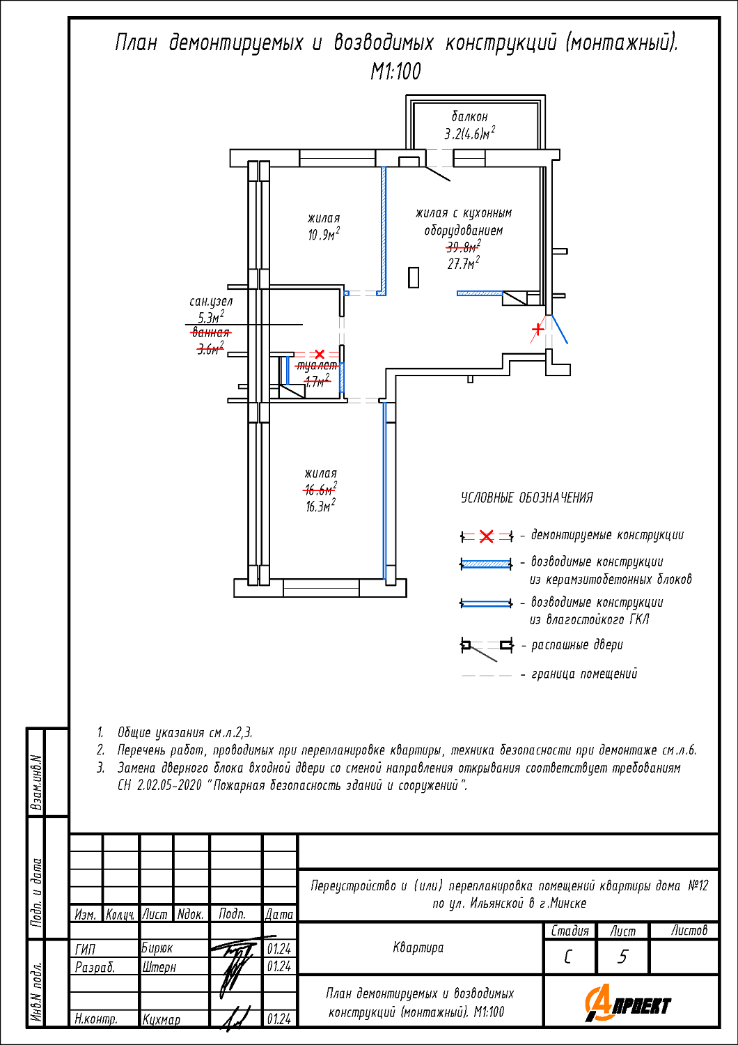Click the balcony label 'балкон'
point(469,116)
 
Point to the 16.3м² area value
point(321,506)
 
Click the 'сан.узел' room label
point(211,302)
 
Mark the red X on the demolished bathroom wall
point(320,354)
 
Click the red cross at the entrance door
point(538,330)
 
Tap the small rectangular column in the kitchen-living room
point(413,277)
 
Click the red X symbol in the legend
point(486,536)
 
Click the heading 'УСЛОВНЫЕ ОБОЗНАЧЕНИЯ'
point(527,498)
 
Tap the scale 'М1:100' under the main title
point(396,72)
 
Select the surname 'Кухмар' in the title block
point(161,1019)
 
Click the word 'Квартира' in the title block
point(418,947)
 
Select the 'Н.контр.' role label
point(96,1019)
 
